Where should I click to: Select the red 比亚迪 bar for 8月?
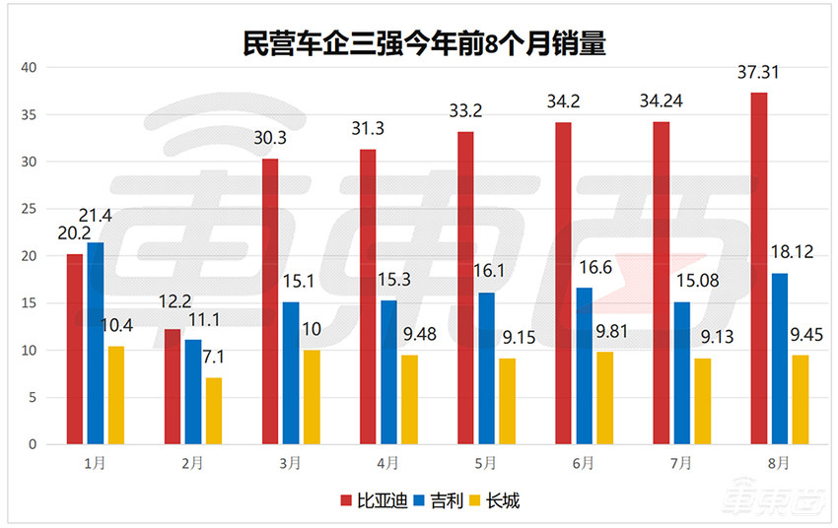point(759,268)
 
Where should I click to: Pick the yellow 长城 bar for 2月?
point(213,411)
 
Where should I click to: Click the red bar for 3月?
point(270,301)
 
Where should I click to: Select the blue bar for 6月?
point(584,365)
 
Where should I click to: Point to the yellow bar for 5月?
point(507,401)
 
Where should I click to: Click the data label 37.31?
point(759,73)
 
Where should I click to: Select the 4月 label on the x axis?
point(388,462)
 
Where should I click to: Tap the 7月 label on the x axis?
point(681,462)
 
